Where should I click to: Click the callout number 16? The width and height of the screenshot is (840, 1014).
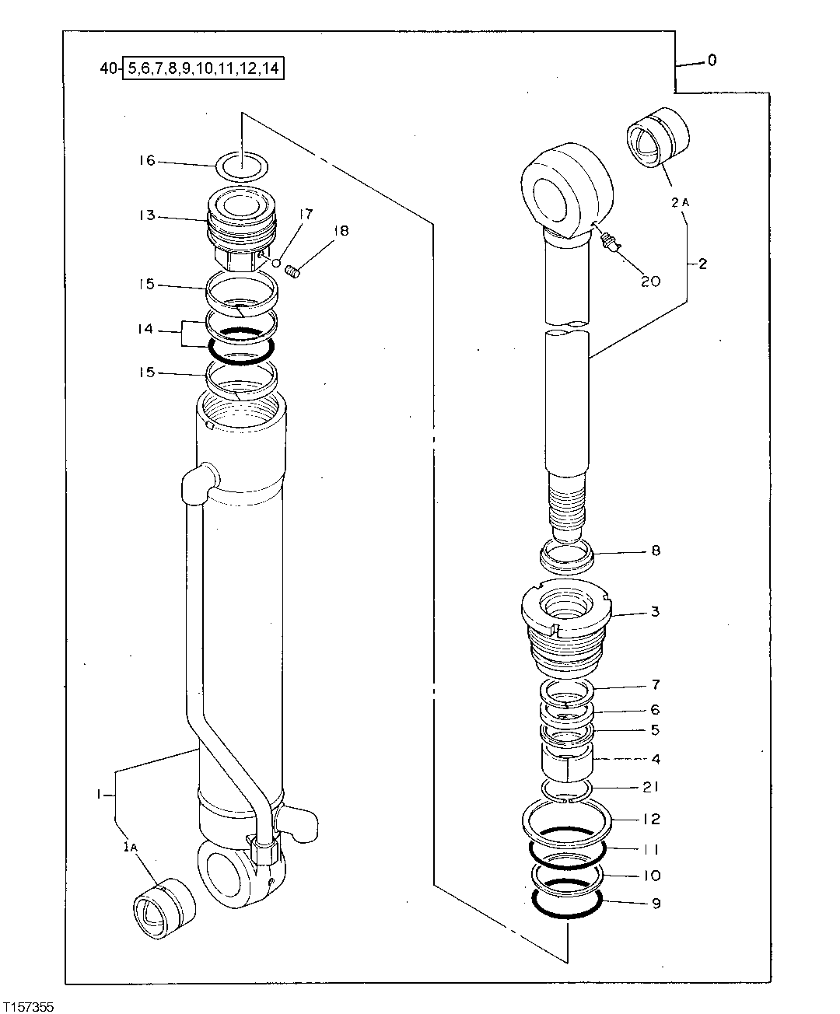pyautogui.click(x=147, y=161)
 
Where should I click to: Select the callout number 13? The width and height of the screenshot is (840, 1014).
pyautogui.click(x=147, y=215)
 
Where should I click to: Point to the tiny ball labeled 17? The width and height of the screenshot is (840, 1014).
pyautogui.click(x=275, y=263)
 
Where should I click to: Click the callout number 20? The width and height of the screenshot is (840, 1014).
pyautogui.click(x=649, y=281)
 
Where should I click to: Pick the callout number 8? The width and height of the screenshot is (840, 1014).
pyautogui.click(x=655, y=551)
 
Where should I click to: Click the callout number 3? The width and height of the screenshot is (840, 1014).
pyautogui.click(x=655, y=612)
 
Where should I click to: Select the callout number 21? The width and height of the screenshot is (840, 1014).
pyautogui.click(x=651, y=788)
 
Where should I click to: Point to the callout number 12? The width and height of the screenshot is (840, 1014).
pyautogui.click(x=651, y=819)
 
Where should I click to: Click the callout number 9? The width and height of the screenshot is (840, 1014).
pyautogui.click(x=655, y=904)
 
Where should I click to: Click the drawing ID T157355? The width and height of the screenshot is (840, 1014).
pyautogui.click(x=28, y=1006)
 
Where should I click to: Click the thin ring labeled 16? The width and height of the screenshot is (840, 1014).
pyautogui.click(x=241, y=165)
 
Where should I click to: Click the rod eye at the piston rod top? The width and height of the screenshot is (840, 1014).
pyautogui.click(x=565, y=189)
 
